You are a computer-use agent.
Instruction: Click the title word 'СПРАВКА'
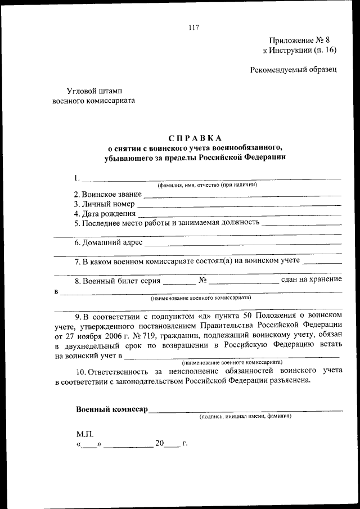coord(195,138)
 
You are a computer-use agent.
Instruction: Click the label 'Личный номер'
coord(105,204)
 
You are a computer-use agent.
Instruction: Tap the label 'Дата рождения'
coord(105,214)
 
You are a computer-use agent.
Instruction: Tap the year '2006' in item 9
coord(106,337)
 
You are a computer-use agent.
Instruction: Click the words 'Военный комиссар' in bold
coord(112,409)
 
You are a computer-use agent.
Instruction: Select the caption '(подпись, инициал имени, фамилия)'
coord(245,417)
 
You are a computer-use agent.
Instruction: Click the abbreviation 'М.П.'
coord(85,434)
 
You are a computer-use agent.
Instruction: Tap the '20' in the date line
coord(160,444)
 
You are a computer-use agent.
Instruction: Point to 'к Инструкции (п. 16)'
coord(299,50)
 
